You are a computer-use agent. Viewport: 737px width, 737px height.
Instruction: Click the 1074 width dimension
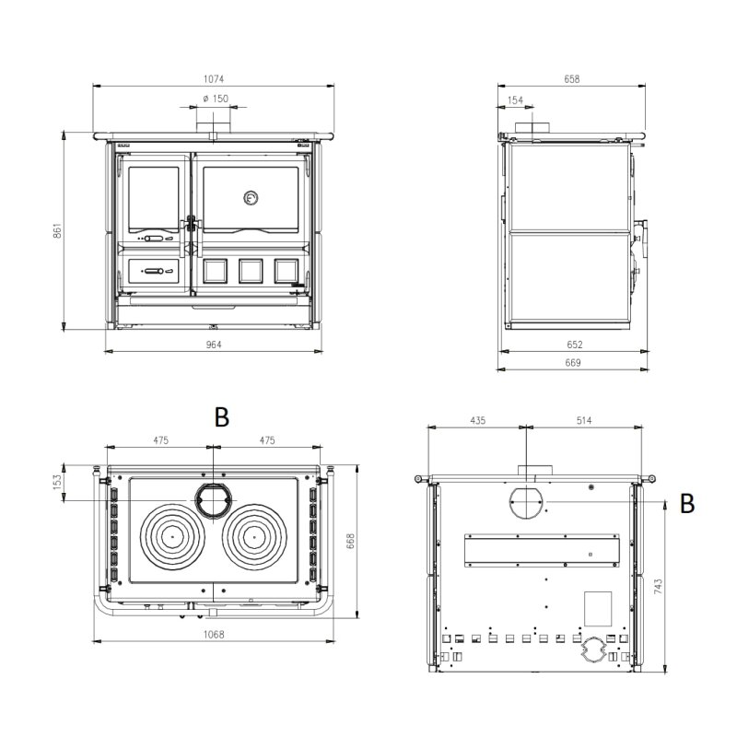click(x=214, y=79)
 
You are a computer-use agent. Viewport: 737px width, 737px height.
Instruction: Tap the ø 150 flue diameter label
click(x=214, y=99)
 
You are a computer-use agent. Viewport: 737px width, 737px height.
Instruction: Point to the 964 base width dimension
click(x=214, y=345)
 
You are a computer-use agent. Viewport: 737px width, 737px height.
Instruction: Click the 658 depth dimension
click(x=572, y=79)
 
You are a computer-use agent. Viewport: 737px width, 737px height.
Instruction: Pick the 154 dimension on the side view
click(x=515, y=99)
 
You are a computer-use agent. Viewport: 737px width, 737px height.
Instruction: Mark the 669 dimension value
click(x=572, y=363)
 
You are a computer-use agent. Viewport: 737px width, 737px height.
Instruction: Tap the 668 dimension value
click(x=351, y=541)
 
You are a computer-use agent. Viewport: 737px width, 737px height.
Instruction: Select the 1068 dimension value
click(x=214, y=635)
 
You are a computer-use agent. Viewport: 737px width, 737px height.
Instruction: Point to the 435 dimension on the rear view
click(x=477, y=420)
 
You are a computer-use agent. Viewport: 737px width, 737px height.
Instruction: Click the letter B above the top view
click(x=221, y=416)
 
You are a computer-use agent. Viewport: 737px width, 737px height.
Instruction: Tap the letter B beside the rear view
click(x=686, y=503)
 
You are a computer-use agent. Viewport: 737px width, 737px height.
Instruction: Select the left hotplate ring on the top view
click(x=170, y=533)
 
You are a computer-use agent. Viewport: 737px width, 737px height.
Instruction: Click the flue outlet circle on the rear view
click(x=527, y=504)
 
